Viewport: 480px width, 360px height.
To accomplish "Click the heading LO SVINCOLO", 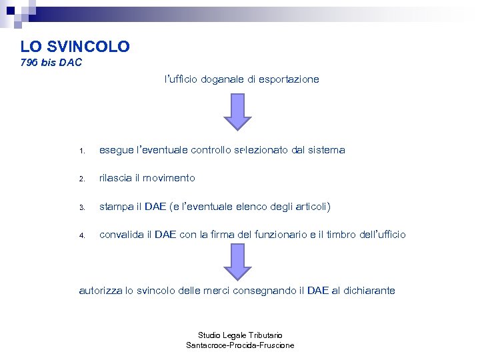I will click(x=75, y=47).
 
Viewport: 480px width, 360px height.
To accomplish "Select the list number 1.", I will click(x=81, y=151).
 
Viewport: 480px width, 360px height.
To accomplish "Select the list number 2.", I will click(x=81, y=179).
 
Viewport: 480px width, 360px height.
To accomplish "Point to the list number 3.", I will click(x=81, y=208).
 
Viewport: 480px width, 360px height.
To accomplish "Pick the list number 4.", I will click(x=81, y=236).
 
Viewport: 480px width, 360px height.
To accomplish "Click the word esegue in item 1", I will click(x=116, y=151).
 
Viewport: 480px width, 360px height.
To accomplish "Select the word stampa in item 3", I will click(x=116, y=207).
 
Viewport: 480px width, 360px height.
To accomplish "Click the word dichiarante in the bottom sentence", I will click(x=369, y=291).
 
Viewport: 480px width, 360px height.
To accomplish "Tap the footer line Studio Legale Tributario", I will click(x=240, y=335).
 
